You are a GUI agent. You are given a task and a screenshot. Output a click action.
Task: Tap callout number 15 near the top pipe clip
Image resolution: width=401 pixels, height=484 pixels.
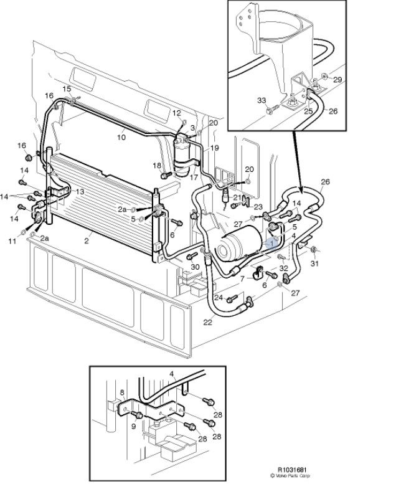tap(67, 90)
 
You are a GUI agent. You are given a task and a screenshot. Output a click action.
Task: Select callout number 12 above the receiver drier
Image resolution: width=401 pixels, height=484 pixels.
tap(177, 113)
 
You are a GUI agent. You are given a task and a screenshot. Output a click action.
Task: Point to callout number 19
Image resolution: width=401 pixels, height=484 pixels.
tap(215, 148)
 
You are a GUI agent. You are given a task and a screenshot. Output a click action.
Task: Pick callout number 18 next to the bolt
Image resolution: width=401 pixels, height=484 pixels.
tap(157, 164)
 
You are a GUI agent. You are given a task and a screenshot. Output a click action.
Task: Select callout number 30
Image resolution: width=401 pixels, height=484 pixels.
tap(195, 267)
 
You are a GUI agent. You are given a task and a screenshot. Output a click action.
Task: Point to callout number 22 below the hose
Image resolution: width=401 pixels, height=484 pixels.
tap(207, 322)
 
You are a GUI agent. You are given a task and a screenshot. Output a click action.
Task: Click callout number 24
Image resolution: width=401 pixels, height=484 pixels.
tap(219, 297)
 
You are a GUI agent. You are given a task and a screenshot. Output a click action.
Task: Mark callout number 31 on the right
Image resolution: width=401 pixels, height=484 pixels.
tap(314, 263)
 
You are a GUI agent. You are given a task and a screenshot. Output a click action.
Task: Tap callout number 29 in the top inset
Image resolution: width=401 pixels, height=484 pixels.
tap(337, 80)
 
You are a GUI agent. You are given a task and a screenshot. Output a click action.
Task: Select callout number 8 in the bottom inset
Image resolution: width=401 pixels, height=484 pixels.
tap(122, 392)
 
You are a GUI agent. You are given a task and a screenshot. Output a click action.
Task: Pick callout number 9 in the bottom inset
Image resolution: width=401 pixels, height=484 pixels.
tap(133, 426)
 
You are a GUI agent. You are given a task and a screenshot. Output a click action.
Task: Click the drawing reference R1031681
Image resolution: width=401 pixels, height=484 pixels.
tap(291, 470)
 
